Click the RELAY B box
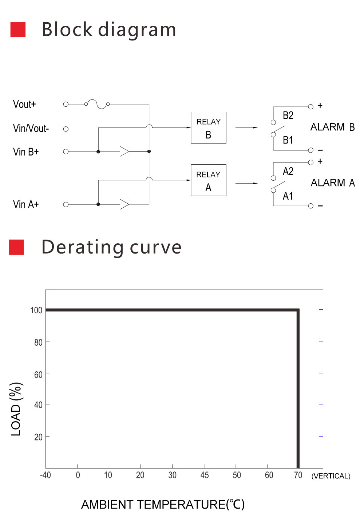pos(209,128)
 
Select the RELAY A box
pos(209,180)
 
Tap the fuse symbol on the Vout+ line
pos(97,104)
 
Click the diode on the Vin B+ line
pos(124,152)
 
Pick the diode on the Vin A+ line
pos(124,204)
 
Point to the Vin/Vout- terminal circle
pos(66,129)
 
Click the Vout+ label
pos(24,105)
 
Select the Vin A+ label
pos(26,204)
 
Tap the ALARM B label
pos(332,127)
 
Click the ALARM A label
pos(332,183)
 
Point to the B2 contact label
pos(288,115)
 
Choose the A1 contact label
pos(288,196)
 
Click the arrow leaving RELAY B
pos(246,128)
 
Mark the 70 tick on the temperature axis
pos(298,475)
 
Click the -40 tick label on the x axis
pos(45,475)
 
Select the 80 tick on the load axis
pos(38,342)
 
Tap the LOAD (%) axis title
pos(16,409)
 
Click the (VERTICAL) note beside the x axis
pos(331,476)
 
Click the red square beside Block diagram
pos(18,30)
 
